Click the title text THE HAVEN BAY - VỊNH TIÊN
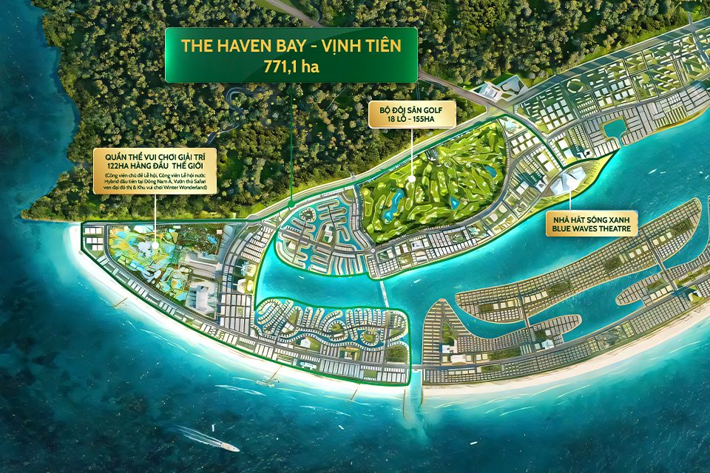tap(291, 47)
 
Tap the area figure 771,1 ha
tap(291, 65)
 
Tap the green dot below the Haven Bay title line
tap(291, 202)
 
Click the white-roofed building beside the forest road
tap(491, 91)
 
